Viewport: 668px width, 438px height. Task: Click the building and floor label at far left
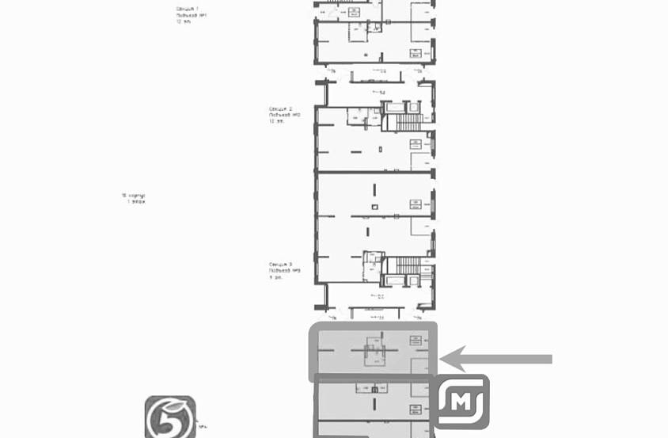pyautogui.click(x=134, y=198)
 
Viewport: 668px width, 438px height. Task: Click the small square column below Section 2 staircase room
pyautogui.click(x=378, y=149)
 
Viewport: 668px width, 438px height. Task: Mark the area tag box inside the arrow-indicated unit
pyautogui.click(x=415, y=341)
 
